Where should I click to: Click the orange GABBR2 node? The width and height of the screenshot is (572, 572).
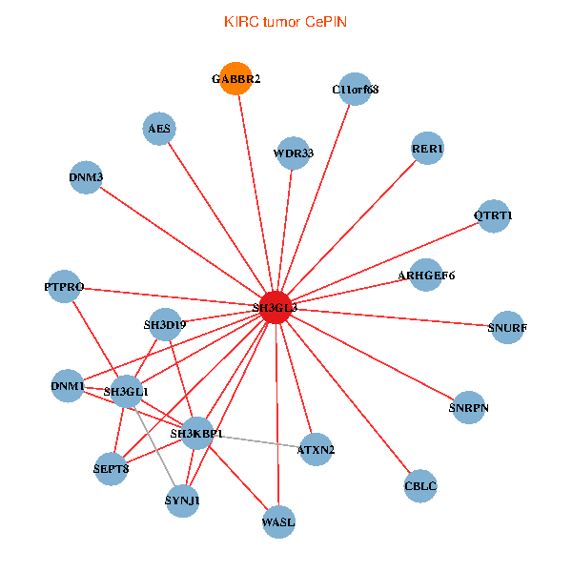(235, 79)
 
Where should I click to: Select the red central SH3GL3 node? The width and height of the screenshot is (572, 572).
(275, 307)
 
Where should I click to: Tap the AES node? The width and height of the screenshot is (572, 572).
(159, 129)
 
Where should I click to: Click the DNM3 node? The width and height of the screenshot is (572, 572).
(86, 177)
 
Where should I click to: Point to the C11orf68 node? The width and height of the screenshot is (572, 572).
(355, 90)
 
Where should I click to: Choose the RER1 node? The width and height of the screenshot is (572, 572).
(427, 149)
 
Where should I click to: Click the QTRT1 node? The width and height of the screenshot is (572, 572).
(492, 215)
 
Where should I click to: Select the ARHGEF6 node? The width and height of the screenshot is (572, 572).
(425, 276)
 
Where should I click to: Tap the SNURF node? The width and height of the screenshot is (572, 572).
(506, 328)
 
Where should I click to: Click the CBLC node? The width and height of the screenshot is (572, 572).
(419, 485)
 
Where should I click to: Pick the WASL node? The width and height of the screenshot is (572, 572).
(278, 521)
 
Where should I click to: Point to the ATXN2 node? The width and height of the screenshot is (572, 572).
(315, 448)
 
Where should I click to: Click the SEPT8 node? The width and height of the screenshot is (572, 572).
(112, 468)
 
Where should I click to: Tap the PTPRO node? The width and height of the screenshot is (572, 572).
(65, 286)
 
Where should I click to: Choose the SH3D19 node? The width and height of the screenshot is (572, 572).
(165, 325)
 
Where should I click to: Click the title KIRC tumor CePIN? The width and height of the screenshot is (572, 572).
(285, 21)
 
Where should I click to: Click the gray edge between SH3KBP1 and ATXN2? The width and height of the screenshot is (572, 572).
(257, 441)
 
